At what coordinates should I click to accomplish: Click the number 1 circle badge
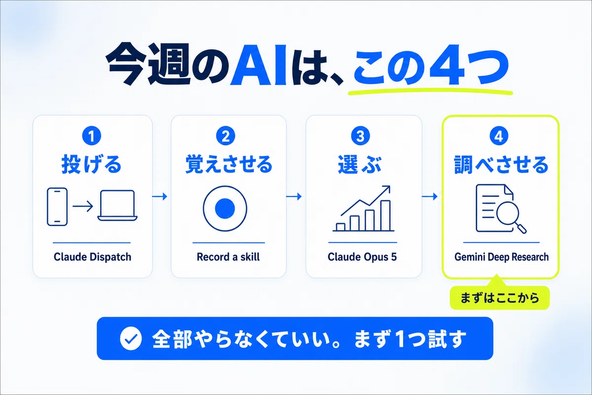(x=91, y=136)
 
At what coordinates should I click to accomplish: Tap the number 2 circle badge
(x=225, y=136)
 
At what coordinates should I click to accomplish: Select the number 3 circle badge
(x=361, y=136)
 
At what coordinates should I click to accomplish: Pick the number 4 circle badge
(x=499, y=136)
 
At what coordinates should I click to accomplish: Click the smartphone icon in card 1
(x=57, y=206)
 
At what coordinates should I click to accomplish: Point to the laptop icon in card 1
(x=117, y=205)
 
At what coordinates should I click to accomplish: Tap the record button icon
(x=225, y=208)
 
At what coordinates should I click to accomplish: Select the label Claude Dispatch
(x=92, y=257)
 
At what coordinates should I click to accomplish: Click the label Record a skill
(x=228, y=257)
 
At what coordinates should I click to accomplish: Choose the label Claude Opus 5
(x=362, y=257)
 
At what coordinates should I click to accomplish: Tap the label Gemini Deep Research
(x=501, y=257)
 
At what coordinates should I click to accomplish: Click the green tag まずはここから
(x=499, y=298)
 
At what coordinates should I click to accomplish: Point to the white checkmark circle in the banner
(x=131, y=338)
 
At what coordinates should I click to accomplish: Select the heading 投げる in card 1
(x=91, y=164)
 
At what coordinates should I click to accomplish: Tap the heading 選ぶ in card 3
(x=360, y=164)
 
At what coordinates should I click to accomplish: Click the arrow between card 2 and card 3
(x=294, y=197)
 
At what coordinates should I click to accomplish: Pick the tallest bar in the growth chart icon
(x=385, y=216)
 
